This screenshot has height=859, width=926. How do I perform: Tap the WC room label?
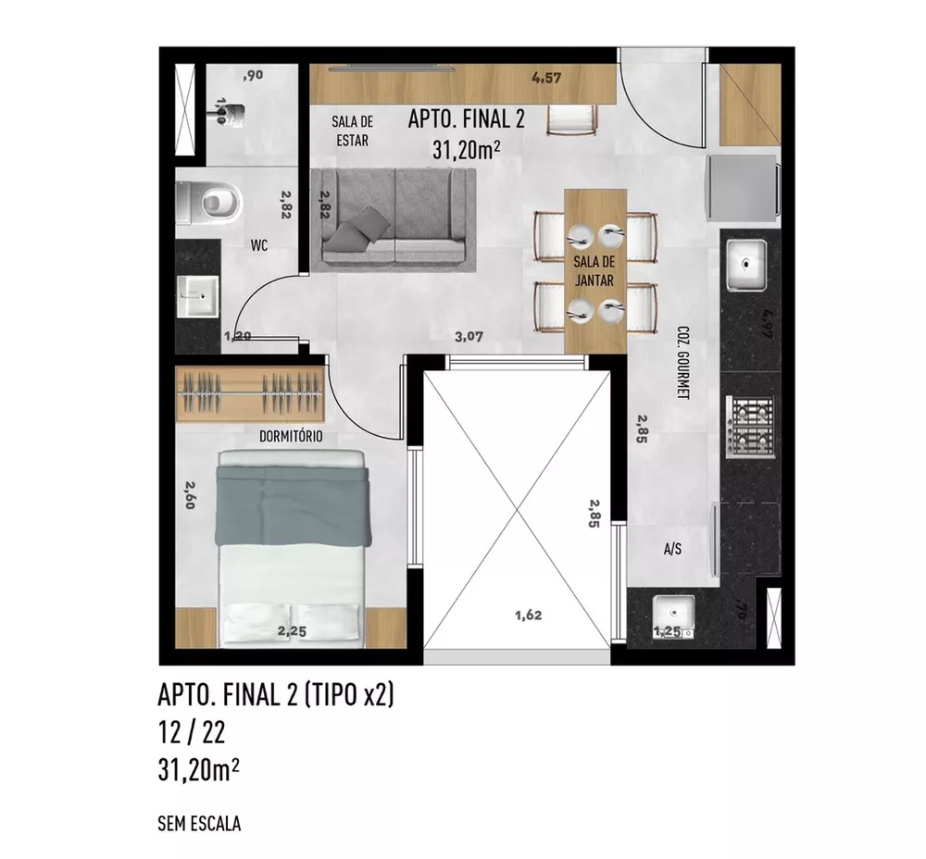pyautogui.click(x=259, y=246)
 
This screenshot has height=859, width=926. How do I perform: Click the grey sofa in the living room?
pyautogui.click(x=394, y=220)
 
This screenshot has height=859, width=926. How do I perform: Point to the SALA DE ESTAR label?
pyautogui.click(x=352, y=131)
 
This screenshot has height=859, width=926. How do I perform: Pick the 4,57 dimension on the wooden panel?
pyautogui.click(x=546, y=79)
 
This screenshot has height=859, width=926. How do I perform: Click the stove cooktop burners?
pyautogui.click(x=751, y=426)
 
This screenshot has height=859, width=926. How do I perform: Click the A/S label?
pyautogui.click(x=673, y=549)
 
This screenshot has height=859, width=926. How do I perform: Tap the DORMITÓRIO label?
pyautogui.click(x=291, y=436)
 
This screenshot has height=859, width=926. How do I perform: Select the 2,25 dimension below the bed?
pyautogui.click(x=293, y=632)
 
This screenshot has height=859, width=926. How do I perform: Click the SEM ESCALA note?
pyautogui.click(x=199, y=823)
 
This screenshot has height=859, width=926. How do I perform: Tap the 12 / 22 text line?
pyautogui.click(x=192, y=734)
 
